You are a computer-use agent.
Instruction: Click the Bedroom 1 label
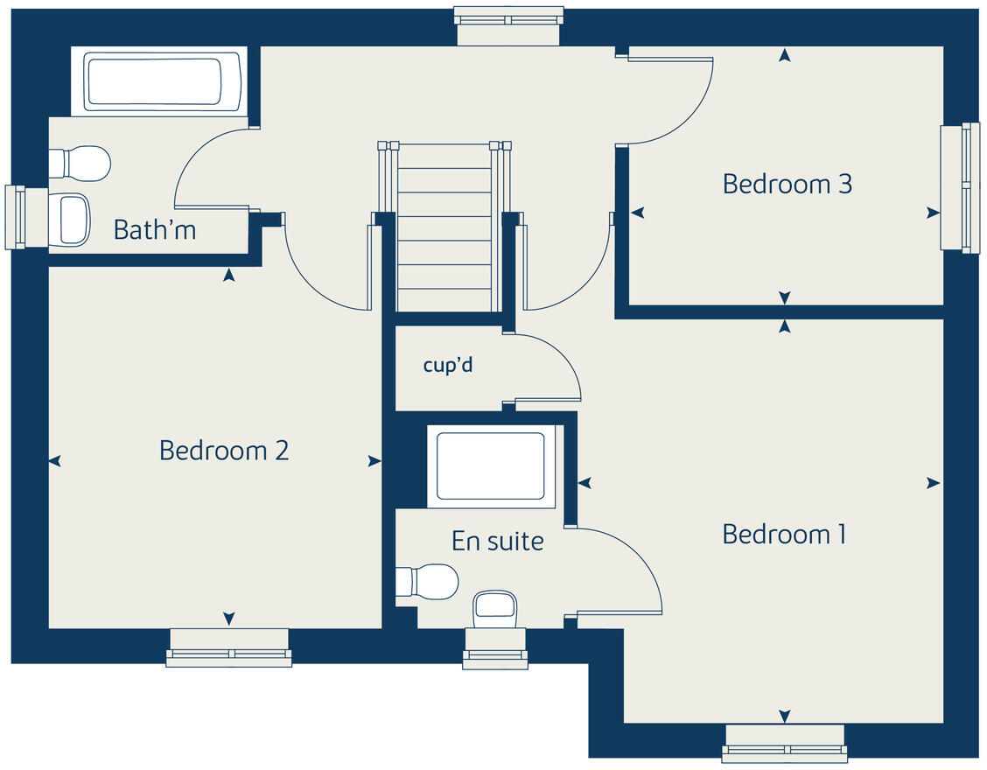(x=784, y=534)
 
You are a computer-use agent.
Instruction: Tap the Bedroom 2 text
(x=224, y=451)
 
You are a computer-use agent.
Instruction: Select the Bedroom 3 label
(x=787, y=185)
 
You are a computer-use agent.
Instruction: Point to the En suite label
(x=497, y=541)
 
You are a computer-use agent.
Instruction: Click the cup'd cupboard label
(x=448, y=365)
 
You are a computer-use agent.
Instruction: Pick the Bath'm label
(x=155, y=230)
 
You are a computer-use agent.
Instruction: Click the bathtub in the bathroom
(x=164, y=82)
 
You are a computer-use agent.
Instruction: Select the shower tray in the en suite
(x=491, y=465)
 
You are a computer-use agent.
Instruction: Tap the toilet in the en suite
(x=428, y=582)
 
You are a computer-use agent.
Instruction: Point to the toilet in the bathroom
(x=80, y=164)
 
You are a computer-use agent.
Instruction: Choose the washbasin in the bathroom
(x=72, y=219)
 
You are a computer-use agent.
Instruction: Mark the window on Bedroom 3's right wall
(x=960, y=187)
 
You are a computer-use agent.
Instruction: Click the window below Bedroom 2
(x=229, y=648)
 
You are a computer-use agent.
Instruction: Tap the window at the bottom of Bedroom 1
(x=785, y=743)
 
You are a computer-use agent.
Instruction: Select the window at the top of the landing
(x=507, y=25)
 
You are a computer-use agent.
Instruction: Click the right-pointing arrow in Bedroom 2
(x=374, y=461)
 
